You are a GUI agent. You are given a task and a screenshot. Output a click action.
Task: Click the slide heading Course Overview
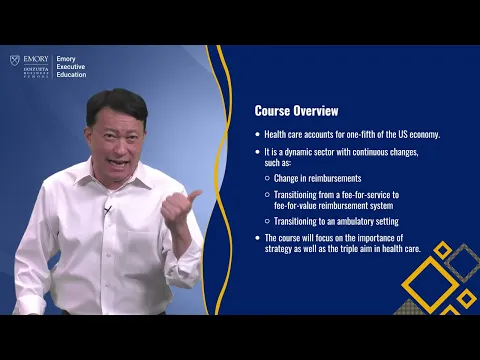(296, 111)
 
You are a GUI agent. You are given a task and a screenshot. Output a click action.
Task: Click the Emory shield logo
(15, 61)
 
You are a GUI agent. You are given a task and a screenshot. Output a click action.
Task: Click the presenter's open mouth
(120, 161)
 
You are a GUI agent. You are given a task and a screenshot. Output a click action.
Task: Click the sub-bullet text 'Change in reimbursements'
(317, 178)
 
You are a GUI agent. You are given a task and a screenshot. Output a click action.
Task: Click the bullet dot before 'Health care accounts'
(257, 134)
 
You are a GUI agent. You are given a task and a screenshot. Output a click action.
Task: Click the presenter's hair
(116, 103)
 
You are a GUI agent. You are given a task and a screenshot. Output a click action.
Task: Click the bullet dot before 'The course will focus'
(257, 238)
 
